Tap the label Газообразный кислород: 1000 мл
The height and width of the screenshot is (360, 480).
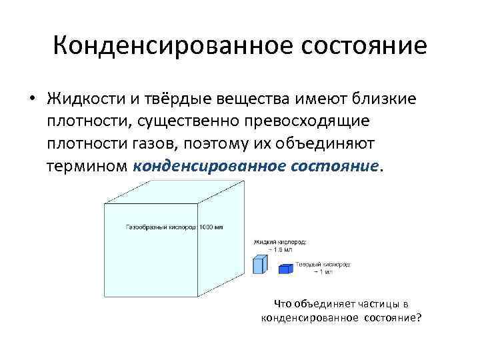click(x=174, y=227)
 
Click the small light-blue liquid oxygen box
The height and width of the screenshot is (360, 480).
click(x=259, y=265)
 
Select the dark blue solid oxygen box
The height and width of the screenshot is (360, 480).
click(x=285, y=269)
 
